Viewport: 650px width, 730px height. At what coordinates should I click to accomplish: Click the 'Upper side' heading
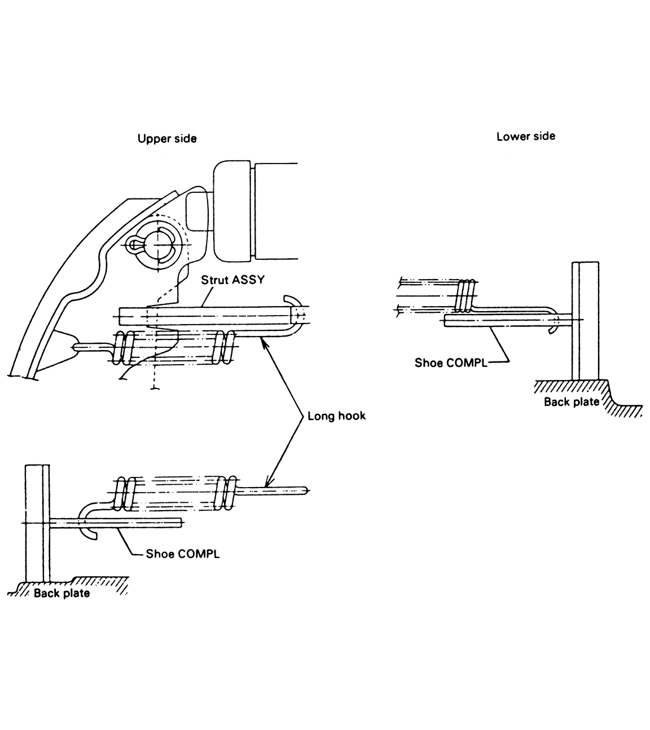point(167,139)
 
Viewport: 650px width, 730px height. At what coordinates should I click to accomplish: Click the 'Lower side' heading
point(525,136)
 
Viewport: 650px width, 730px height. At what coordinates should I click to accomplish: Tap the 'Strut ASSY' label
point(232,280)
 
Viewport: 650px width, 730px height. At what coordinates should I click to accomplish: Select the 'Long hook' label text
point(336,417)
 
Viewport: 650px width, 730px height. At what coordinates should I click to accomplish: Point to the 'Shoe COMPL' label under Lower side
point(450,362)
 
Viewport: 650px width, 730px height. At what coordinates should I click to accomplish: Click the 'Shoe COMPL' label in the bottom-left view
point(182,554)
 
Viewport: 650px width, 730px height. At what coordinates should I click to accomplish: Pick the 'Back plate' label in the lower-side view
point(571,402)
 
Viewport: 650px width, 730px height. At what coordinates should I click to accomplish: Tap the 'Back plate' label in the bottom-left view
point(62,593)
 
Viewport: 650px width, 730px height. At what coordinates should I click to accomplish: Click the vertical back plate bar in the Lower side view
point(585,321)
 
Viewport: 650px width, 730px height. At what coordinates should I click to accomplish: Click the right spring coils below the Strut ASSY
point(226,346)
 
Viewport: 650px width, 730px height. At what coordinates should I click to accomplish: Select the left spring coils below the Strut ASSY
point(125,346)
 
